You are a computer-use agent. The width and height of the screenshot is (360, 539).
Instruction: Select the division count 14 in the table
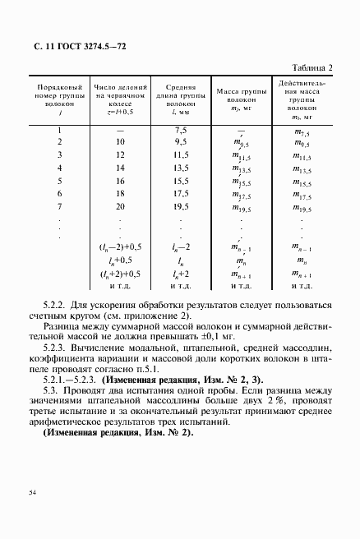pyautogui.click(x=120, y=168)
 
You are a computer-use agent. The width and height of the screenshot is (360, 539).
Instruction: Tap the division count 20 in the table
pyautogui.click(x=120, y=206)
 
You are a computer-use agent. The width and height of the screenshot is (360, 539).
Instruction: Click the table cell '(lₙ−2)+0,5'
pyautogui.click(x=120, y=247)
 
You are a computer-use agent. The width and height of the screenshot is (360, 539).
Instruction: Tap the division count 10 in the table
pyautogui.click(x=120, y=142)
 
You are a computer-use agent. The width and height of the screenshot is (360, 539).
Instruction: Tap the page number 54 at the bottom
pyautogui.click(x=32, y=492)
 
